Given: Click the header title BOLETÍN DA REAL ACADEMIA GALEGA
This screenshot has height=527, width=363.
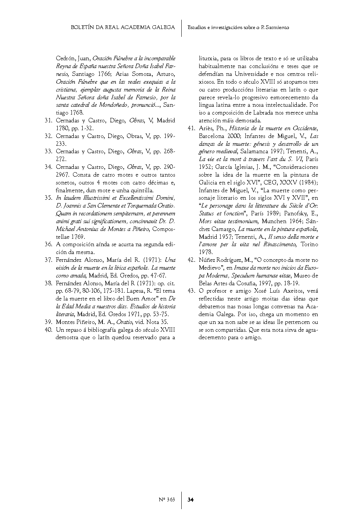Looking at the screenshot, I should click(x=122, y=28).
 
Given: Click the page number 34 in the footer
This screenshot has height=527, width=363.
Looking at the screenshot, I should click(x=191, y=499).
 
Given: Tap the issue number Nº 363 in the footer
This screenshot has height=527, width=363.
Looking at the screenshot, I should click(x=166, y=499).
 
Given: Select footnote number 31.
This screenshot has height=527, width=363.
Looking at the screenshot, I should click(x=48, y=120).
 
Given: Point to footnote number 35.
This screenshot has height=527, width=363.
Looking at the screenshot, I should click(x=48, y=198).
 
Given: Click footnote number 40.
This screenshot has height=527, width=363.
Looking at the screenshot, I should click(x=48, y=330).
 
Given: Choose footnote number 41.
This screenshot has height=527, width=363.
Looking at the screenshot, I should click(x=191, y=128).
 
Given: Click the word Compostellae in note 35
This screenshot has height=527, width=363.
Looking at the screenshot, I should click(x=163, y=229).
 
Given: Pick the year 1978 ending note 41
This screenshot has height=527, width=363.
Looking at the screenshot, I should click(x=206, y=252).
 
